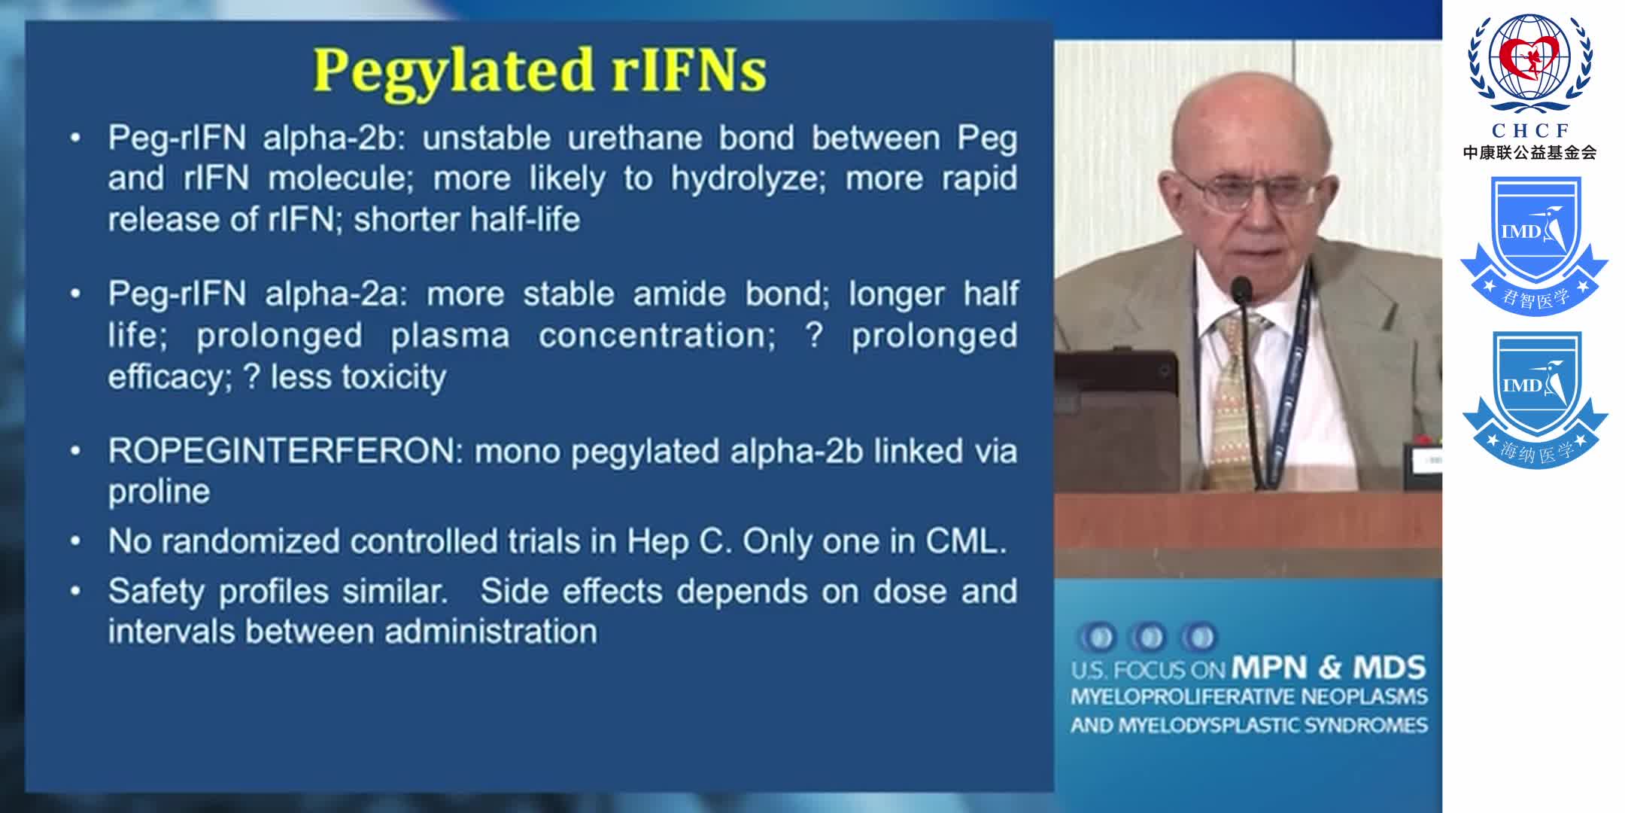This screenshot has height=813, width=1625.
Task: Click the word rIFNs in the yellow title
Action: point(689,71)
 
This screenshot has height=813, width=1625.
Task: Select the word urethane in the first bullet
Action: point(633,139)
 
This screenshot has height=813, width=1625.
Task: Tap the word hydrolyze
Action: point(747,179)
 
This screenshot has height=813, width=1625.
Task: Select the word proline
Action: point(159,492)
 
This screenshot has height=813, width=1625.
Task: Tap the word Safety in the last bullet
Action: point(155,592)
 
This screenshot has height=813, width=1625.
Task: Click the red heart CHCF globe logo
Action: point(1530,64)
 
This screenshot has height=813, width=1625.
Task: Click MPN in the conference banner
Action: point(1269,668)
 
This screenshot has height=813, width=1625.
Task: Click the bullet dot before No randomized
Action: point(75,541)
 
